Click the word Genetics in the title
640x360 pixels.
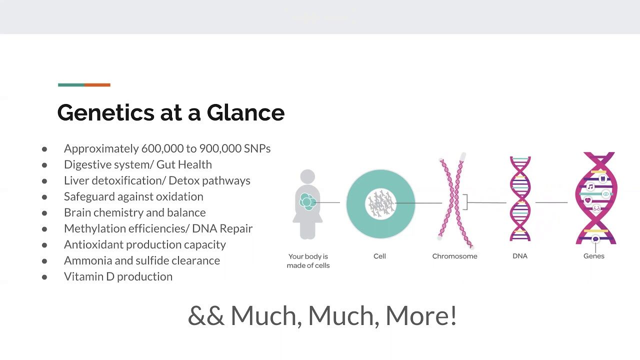[x=105, y=112]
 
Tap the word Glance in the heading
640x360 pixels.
[x=245, y=112]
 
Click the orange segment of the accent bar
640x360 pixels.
[x=97, y=85]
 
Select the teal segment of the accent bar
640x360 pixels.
[x=71, y=85]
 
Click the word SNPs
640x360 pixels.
[x=257, y=148]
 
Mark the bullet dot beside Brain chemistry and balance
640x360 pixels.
[x=44, y=213]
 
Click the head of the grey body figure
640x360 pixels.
[x=307, y=176]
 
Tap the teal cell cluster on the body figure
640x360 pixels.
[x=307, y=201]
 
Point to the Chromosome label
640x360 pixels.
[x=454, y=256]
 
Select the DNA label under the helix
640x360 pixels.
[x=520, y=256]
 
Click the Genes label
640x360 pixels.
[x=593, y=256]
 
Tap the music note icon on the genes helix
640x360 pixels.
[x=590, y=187]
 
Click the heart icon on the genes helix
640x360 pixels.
[x=587, y=200]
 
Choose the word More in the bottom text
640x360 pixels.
[x=421, y=315]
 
